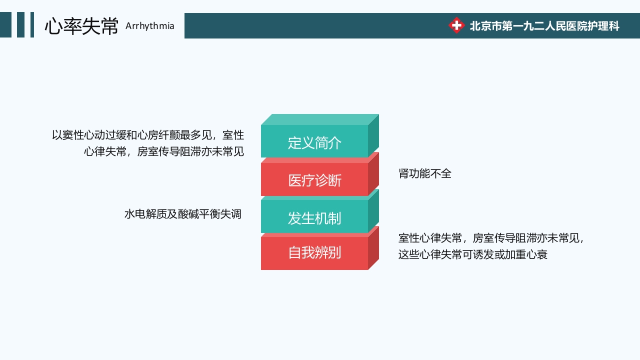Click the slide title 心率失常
[x=81, y=26]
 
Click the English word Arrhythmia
[x=149, y=26]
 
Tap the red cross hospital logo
[x=456, y=25]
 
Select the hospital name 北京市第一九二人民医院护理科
[x=544, y=26]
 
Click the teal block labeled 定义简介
[x=314, y=142]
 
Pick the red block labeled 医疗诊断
[x=314, y=180]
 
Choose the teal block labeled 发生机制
[x=314, y=218]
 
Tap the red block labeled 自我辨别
[x=314, y=252]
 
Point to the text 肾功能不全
[x=424, y=173]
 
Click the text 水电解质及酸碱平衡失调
[x=182, y=214]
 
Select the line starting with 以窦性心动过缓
[x=148, y=135]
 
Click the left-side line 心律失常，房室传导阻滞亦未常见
[x=164, y=151]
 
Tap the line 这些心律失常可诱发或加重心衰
[x=472, y=254]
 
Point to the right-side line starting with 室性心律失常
[x=491, y=238]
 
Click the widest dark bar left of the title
[x=5, y=25]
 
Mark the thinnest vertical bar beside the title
[x=32, y=25]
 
